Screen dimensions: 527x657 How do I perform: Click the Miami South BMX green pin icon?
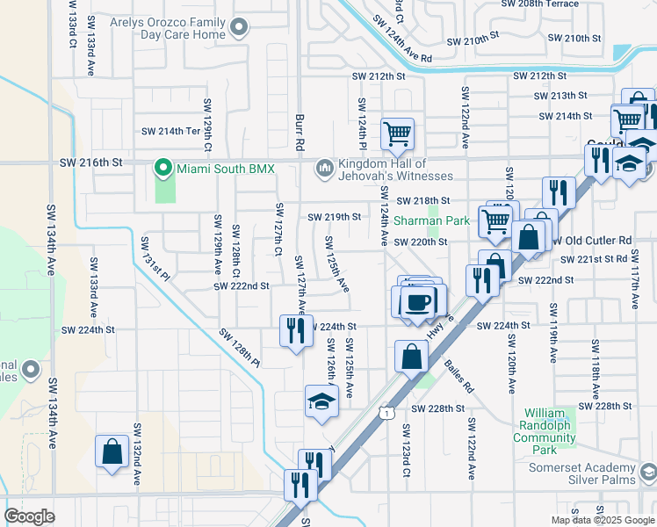click(162, 167)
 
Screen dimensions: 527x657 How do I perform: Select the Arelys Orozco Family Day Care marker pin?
click(239, 29)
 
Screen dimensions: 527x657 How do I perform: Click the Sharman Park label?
click(431, 221)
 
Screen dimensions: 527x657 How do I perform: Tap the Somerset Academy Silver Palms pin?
click(648, 473)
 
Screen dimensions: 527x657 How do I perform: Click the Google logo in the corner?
click(30, 516)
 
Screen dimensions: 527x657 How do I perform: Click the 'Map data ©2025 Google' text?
click(603, 520)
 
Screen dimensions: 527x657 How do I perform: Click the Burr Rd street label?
click(300, 128)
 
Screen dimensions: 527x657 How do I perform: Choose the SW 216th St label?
click(90, 162)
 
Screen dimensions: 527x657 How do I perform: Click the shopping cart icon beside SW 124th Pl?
click(397, 134)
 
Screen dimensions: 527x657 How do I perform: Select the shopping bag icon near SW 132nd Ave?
click(112, 451)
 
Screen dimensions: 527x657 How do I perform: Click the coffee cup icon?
click(418, 301)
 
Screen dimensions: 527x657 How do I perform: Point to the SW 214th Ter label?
click(171, 132)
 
